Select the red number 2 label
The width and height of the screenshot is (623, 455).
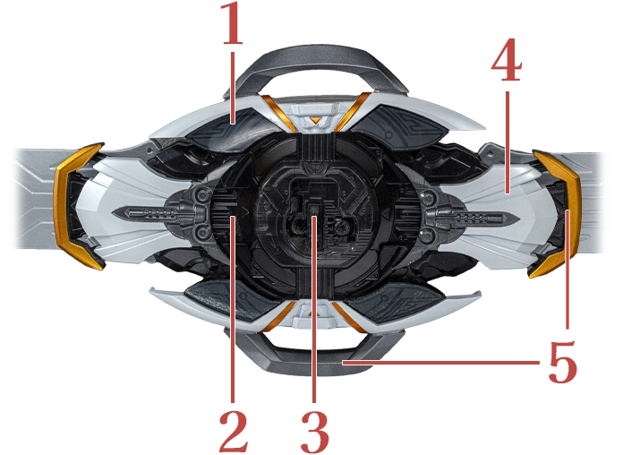tap(234, 431)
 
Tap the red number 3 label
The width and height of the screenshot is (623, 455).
tap(315, 431)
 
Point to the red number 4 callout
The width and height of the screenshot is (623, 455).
tap(507, 60)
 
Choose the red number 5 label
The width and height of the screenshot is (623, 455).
tap(563, 362)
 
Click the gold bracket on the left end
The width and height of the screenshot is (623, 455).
tap(75, 207)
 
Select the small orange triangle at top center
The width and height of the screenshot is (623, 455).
tap(315, 120)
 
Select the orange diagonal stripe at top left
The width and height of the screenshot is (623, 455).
tap(277, 113)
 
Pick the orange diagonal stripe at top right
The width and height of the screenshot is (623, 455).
tap(353, 111)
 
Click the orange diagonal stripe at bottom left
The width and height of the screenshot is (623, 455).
tap(279, 316)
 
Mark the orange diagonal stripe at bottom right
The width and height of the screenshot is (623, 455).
tap(349, 316)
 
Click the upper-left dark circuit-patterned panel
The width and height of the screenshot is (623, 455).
tap(229, 131)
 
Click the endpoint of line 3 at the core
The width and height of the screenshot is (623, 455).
tap(314, 217)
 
